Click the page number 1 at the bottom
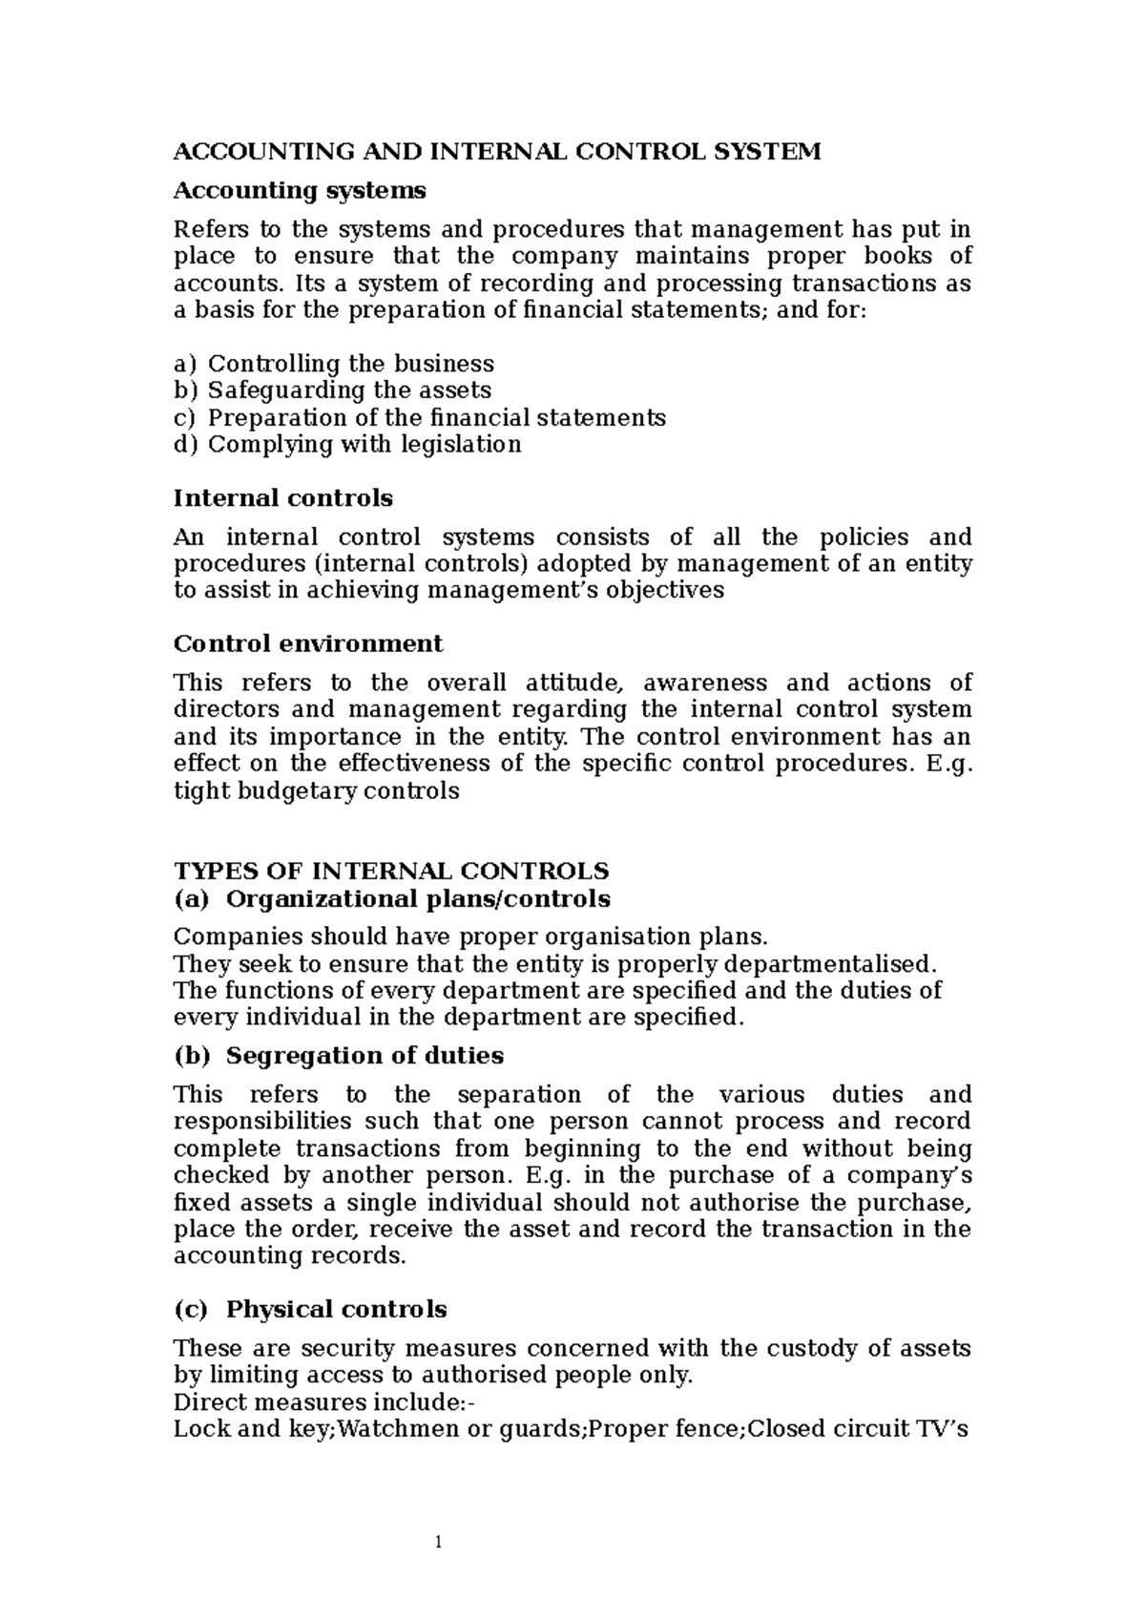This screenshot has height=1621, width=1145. click(x=438, y=1543)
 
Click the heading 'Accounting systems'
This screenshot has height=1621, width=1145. click(x=299, y=191)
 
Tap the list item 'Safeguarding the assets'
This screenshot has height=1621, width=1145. click(x=349, y=390)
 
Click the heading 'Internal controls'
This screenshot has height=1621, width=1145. click(x=282, y=498)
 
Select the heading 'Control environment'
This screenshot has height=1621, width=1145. click(x=307, y=643)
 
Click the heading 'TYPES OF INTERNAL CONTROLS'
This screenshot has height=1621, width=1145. click(x=390, y=871)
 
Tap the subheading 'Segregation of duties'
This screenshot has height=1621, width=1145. click(x=364, y=1056)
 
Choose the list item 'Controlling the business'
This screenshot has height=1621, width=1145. click(x=350, y=364)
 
